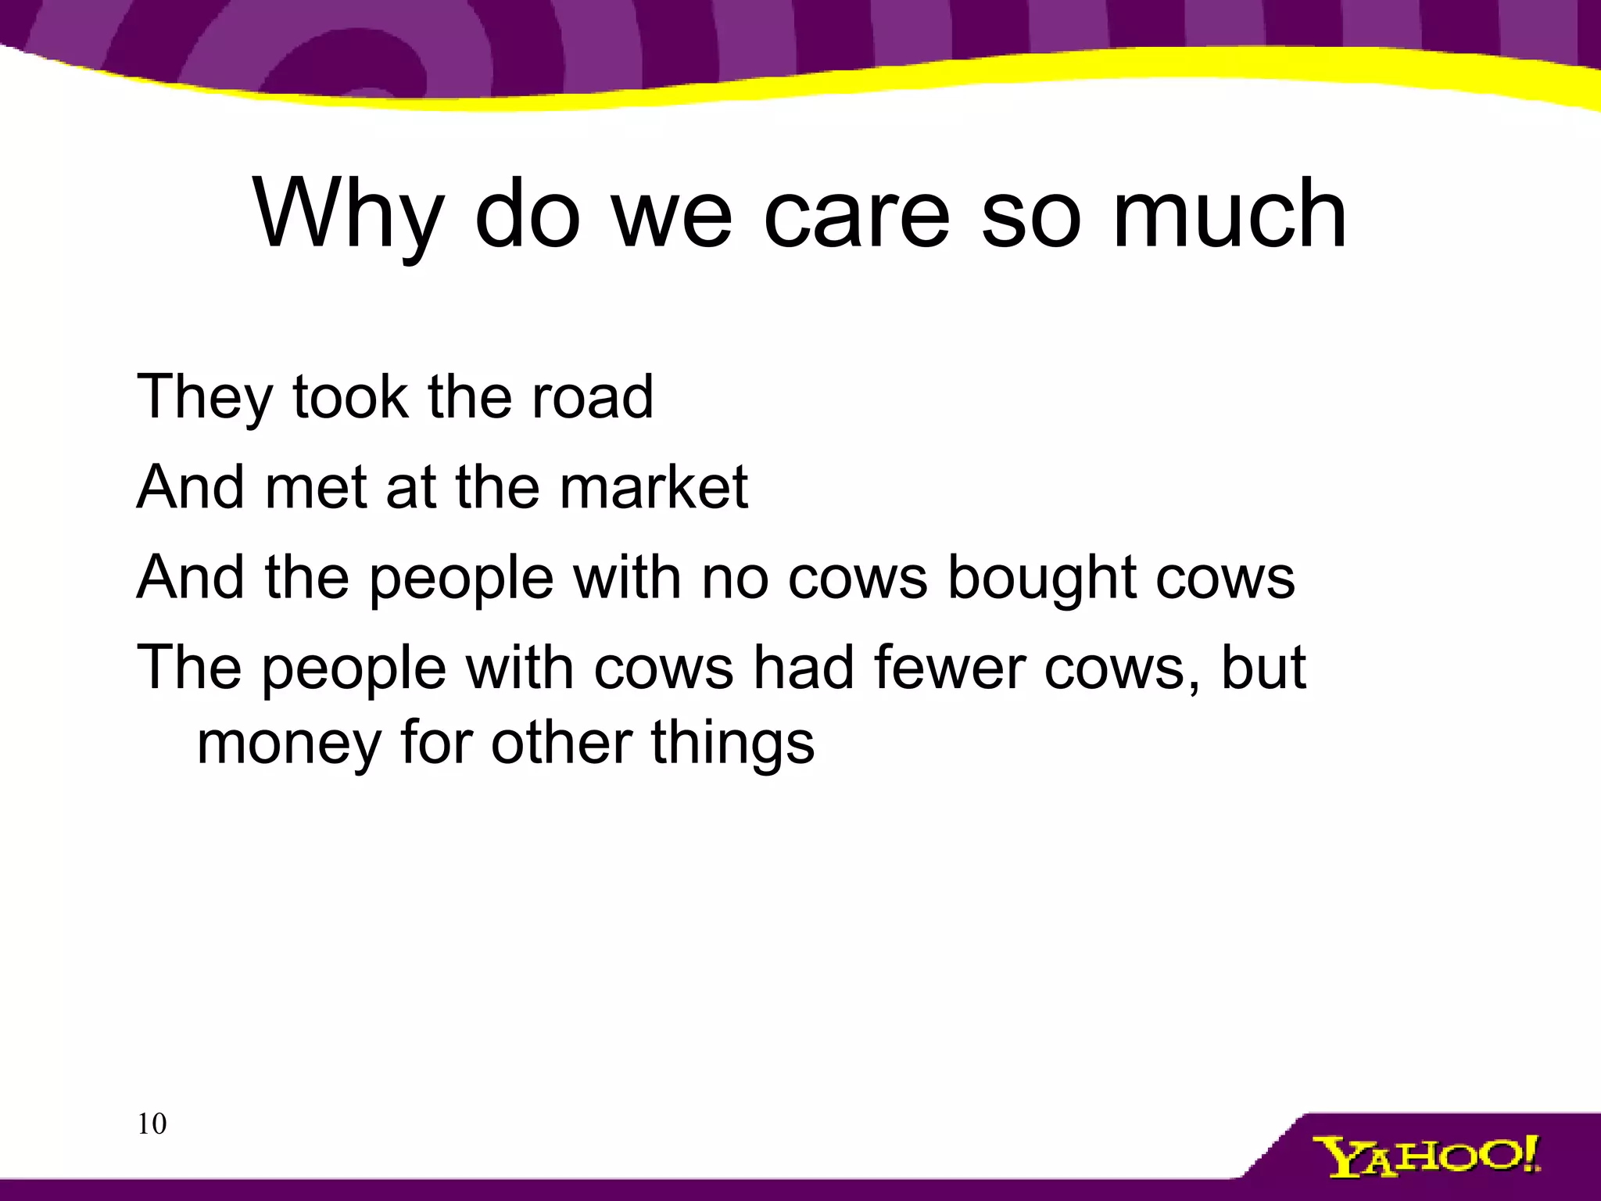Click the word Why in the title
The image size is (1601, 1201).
[349, 214]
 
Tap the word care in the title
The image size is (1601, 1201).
[856, 214]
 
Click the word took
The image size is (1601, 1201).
[350, 397]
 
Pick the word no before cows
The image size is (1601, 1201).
[735, 579]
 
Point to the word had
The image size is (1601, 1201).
[804, 669]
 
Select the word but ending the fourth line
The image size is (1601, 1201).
[1263, 669]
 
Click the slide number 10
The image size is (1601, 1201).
[152, 1124]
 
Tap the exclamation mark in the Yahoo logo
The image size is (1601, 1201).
[1529, 1153]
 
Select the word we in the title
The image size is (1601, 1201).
[672, 214]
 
